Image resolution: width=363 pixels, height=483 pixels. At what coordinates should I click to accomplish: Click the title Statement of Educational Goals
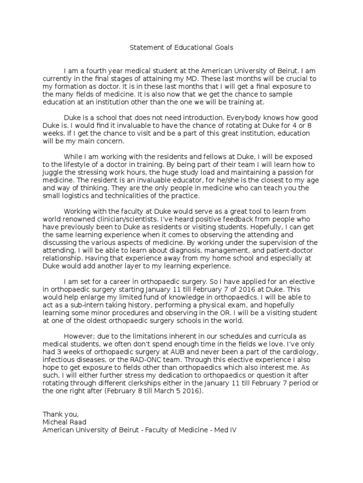181,48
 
